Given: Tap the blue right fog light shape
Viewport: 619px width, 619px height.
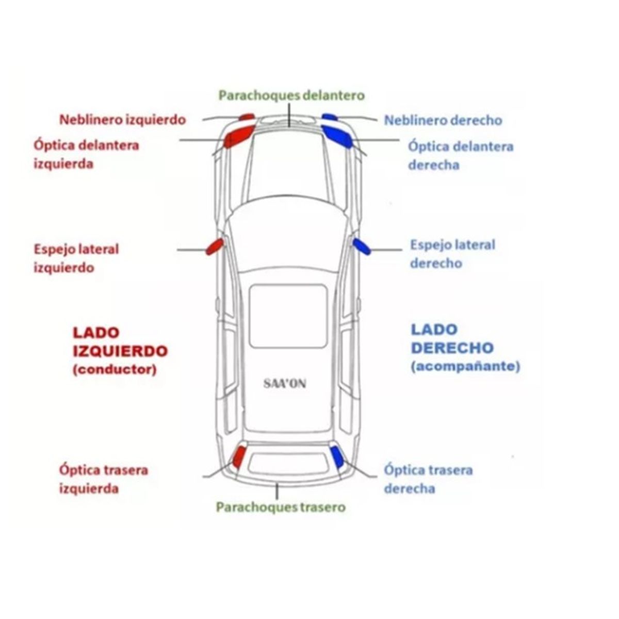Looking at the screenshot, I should pos(329,118).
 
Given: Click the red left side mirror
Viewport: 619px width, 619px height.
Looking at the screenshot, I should pos(214,247).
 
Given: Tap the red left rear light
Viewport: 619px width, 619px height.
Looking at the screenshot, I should pos(239,457).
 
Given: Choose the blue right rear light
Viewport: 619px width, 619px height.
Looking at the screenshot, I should pos(337,457).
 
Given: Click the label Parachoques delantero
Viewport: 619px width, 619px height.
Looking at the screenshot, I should pos(291,95).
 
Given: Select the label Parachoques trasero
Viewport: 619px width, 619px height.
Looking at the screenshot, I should pos(281,507).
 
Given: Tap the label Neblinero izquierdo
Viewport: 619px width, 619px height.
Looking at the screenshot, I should pos(122,120).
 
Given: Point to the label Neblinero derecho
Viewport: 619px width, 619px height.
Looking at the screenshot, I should pos(443,120).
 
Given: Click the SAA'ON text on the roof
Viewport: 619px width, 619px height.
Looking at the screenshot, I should pos(284,384).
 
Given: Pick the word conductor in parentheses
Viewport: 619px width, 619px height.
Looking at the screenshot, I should pos(115,370).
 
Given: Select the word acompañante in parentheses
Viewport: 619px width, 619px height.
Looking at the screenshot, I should pos(465,367).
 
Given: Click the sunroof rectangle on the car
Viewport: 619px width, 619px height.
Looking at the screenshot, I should pos(288,316).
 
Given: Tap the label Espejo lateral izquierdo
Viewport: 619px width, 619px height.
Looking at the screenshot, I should pos(76,258).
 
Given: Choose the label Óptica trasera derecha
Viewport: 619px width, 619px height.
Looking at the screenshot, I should pos(428,479).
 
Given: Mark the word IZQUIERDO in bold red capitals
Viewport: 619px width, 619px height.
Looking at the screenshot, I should pos(120,351).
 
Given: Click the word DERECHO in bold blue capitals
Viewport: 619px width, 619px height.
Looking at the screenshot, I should pos(452,348).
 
